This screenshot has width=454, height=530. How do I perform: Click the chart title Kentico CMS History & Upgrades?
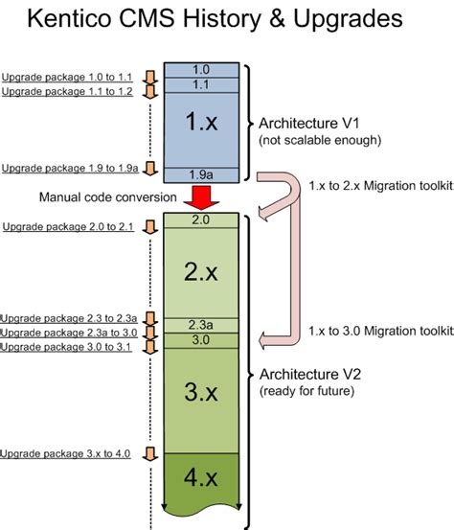point(227,21)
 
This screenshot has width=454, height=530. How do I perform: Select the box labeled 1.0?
point(201,70)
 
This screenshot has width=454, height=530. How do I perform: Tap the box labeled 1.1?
point(201,84)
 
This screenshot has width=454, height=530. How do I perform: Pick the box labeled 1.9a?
point(201,173)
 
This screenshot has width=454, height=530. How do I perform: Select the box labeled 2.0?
point(201,220)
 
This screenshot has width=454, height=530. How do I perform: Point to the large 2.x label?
point(201,271)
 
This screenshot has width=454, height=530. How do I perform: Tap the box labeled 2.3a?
point(201,324)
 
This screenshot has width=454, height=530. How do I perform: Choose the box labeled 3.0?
point(201,340)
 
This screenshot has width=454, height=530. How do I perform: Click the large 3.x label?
point(201,394)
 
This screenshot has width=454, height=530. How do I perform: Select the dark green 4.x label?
point(201,476)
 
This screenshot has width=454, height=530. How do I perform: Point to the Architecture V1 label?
point(307,123)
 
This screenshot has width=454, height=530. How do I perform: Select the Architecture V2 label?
point(307,375)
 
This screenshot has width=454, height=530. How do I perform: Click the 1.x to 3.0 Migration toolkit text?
point(380,331)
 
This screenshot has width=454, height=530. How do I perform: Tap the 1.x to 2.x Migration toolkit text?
point(380,184)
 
